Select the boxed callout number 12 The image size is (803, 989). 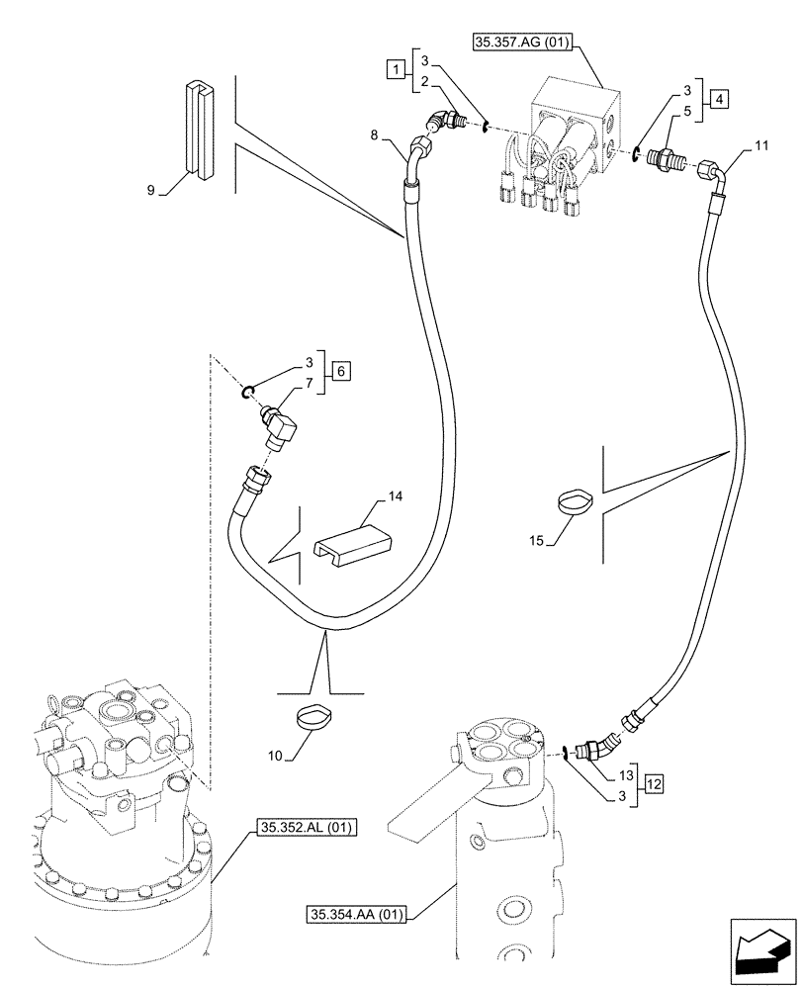[653, 784]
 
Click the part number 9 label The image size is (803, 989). [151, 190]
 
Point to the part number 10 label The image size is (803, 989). [278, 757]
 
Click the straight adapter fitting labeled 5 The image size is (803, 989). [664, 158]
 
